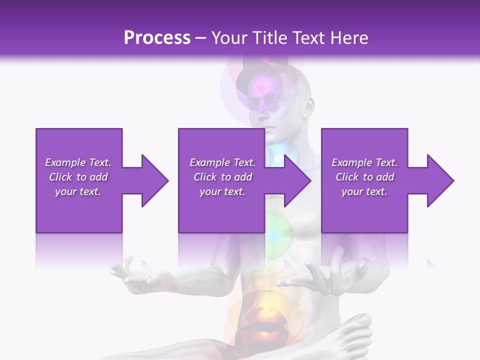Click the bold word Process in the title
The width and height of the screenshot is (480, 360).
[x=157, y=38]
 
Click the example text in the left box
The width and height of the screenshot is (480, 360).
[x=78, y=177]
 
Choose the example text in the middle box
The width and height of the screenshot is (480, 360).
[x=222, y=177]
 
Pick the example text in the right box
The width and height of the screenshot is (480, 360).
[x=364, y=177]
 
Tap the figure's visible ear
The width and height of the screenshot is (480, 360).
[x=310, y=106]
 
